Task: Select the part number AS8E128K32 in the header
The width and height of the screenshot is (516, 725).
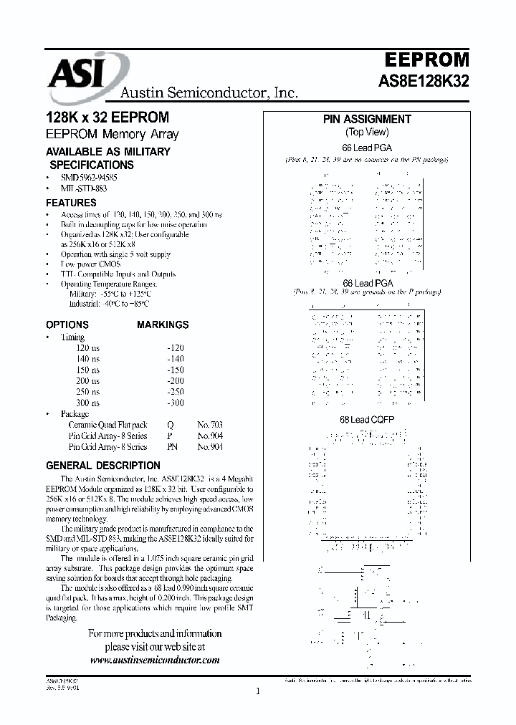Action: coord(424,82)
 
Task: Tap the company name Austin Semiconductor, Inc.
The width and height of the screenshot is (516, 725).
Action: coord(208,92)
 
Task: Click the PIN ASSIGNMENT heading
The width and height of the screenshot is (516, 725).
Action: coord(367,120)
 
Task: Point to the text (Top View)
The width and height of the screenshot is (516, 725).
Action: coord(367,132)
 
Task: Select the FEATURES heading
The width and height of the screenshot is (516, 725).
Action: coord(71,203)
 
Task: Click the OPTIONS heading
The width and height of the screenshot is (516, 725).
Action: coord(67,325)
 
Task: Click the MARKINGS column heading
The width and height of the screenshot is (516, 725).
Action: coord(163,325)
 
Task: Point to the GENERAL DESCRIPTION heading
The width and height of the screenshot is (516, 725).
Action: coord(103,465)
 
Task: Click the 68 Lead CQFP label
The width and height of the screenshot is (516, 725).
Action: coord(367,419)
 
